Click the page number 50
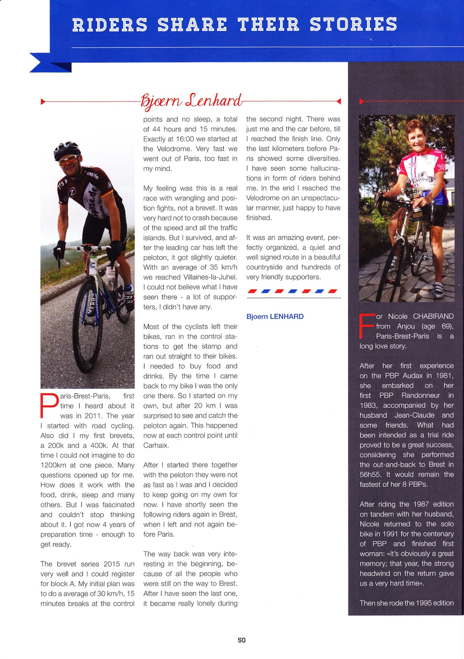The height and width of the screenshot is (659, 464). (x=242, y=640)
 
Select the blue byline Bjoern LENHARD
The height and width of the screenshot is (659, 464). (x=275, y=316)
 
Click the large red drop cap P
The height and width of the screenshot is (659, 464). (x=49, y=406)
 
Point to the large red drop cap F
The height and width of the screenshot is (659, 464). (x=367, y=326)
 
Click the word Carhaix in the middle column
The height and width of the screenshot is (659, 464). (x=156, y=445)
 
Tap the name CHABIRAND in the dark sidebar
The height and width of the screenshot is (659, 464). (x=433, y=316)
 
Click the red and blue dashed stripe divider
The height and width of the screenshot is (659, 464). (x=293, y=291)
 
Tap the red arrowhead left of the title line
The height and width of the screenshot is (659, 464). (x=43, y=101)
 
